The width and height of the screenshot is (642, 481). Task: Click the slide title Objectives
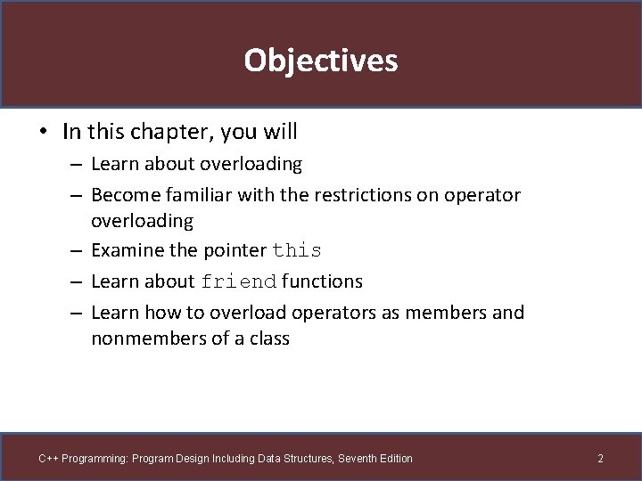tap(320, 61)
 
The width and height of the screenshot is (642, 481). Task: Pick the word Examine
tap(127, 250)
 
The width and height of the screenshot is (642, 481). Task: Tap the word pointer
tap(233, 250)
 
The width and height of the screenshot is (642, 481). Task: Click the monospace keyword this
tap(297, 251)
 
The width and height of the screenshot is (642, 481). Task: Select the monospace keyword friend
tap(239, 282)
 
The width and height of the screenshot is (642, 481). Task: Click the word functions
tap(322, 281)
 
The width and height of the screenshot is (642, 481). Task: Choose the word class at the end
tap(267, 338)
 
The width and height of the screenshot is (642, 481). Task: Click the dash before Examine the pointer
tap(78, 251)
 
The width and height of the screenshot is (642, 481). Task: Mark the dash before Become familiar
tap(78, 195)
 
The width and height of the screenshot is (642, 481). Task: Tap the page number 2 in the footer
tap(600, 459)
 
